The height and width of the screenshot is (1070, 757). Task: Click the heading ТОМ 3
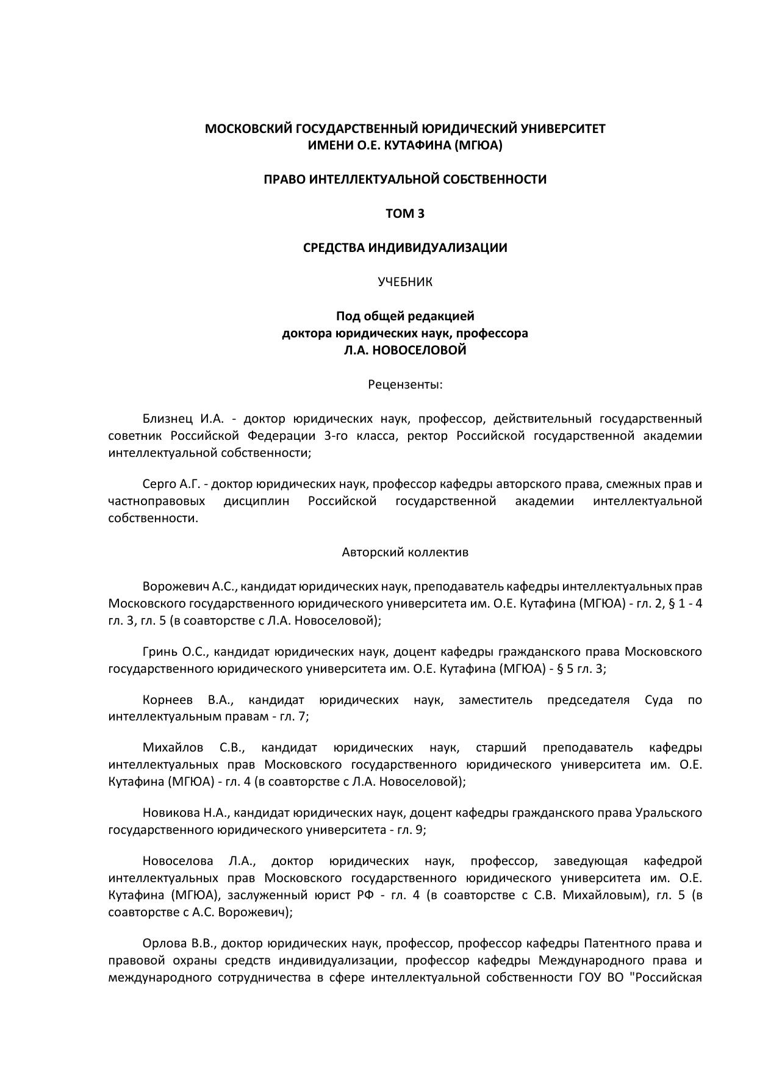click(x=405, y=214)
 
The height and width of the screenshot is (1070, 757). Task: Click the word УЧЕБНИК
click(x=405, y=282)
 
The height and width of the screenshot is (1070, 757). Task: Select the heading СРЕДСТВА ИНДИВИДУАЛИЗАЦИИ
click(x=405, y=248)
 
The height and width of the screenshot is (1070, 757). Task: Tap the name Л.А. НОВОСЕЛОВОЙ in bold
click(x=405, y=350)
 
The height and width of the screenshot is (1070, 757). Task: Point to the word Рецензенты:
click(x=405, y=384)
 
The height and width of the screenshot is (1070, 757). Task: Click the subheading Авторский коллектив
click(x=405, y=552)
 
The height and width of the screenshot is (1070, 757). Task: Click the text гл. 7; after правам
click(x=294, y=716)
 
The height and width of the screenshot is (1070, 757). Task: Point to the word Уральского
click(x=669, y=813)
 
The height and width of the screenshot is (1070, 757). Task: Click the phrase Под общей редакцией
click(x=405, y=316)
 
